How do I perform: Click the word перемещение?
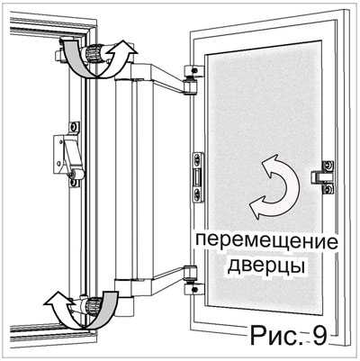click(266, 243)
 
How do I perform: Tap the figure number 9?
click(319, 336)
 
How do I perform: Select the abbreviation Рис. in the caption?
click(275, 336)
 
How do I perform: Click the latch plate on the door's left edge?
click(198, 177)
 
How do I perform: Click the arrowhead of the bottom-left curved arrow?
click(56, 300)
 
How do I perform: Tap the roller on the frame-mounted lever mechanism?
click(76, 174)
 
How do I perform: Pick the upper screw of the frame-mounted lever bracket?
click(73, 128)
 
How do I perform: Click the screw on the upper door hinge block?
click(195, 70)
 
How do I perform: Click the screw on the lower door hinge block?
click(195, 290)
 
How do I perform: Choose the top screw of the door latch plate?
click(198, 159)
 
